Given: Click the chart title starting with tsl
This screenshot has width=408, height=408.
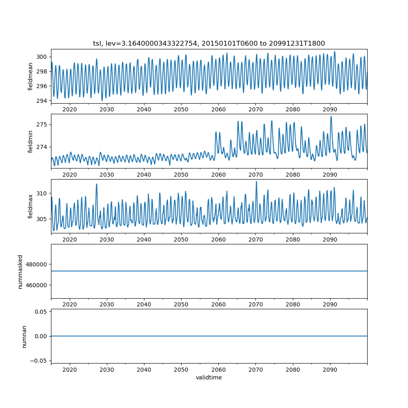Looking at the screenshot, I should (x=209, y=43).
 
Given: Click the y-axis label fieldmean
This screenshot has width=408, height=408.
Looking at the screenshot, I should (x=31, y=76).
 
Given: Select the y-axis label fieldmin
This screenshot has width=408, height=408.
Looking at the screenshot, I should (x=31, y=141).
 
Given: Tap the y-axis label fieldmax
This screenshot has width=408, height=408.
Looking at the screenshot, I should (x=31, y=206).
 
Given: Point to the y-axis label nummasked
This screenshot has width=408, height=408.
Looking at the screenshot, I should (x=20, y=272).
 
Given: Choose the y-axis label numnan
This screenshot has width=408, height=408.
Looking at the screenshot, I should (x=24, y=336).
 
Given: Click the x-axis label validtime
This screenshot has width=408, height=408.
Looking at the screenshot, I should (x=209, y=378).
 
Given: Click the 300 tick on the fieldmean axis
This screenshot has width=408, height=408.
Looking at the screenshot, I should (x=42, y=57).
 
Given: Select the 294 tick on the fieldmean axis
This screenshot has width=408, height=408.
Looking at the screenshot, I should (x=42, y=101).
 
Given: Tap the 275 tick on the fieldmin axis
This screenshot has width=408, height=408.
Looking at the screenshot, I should (x=42, y=124).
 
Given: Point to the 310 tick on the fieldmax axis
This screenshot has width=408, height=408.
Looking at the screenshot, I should (x=42, y=193).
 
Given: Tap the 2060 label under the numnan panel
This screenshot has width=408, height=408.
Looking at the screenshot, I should (x=218, y=370).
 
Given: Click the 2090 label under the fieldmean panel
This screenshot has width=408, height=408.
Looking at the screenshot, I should (x=330, y=110).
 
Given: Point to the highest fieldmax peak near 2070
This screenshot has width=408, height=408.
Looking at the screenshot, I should (x=256, y=182).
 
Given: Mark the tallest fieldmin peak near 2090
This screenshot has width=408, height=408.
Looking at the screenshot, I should (x=331, y=117).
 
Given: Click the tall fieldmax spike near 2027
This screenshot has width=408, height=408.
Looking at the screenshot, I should (x=97, y=184).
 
